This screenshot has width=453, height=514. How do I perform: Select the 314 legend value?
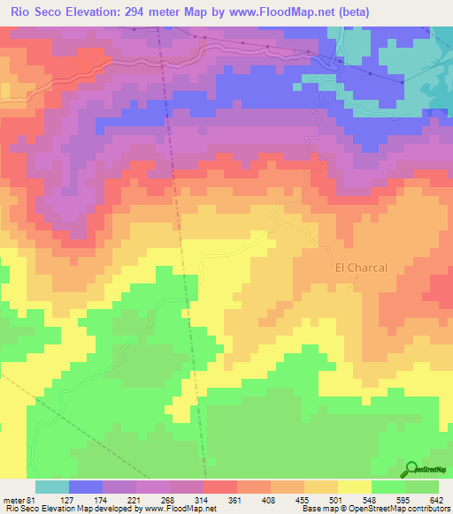click(203, 499)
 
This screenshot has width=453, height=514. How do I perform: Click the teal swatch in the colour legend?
click(51, 487)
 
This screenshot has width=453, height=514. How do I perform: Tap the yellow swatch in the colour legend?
click(354, 487)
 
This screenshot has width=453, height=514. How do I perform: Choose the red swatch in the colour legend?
click(219, 487)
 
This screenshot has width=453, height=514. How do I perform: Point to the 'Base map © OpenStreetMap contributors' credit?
click(372, 508)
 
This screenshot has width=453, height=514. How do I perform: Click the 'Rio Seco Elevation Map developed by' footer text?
click(61, 508)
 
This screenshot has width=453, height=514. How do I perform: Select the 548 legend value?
click(371, 499)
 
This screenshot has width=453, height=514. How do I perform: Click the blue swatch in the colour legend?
click(85, 487)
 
